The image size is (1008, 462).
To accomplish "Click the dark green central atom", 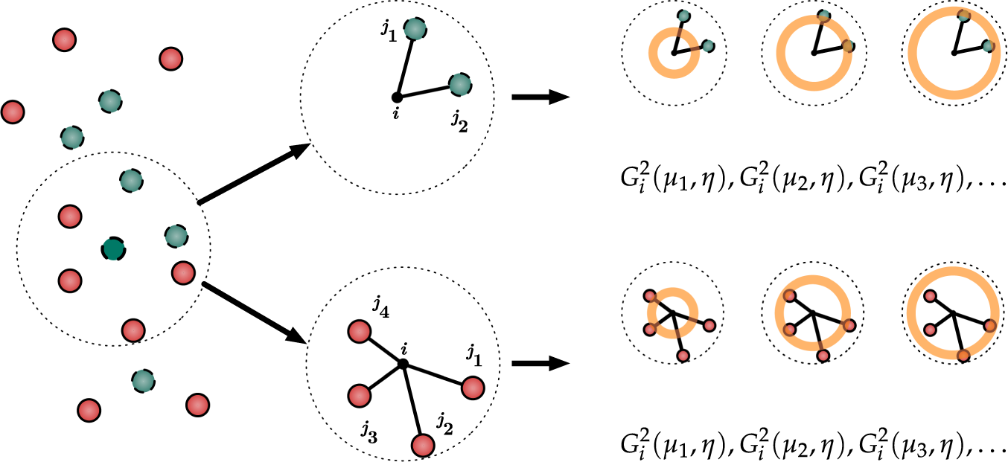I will click(x=113, y=248).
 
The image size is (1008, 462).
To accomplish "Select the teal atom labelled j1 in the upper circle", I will click(x=415, y=30).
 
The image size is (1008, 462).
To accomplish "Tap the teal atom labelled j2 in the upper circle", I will click(x=460, y=85).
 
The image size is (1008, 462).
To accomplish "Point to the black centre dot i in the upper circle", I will click(x=397, y=97).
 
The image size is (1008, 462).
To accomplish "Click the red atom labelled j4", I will click(x=359, y=331).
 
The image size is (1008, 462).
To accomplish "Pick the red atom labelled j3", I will click(x=360, y=394).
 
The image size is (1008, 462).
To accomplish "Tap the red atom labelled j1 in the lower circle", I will click(x=473, y=388).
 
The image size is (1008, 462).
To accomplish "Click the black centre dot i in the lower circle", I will click(x=403, y=364).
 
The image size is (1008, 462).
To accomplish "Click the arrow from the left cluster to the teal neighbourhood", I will click(x=253, y=174).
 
